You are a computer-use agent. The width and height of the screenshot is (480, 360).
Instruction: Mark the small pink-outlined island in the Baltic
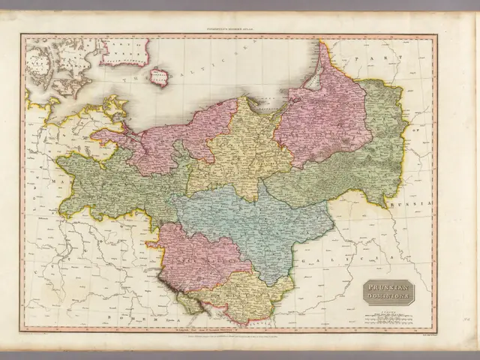[158, 76]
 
